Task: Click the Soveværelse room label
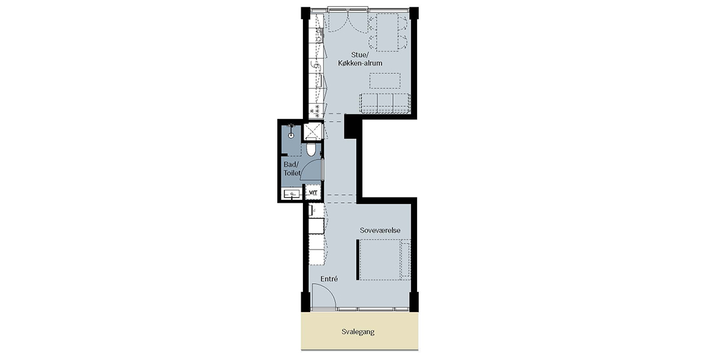click(380, 230)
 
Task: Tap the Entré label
click(329, 279)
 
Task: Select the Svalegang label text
click(358, 332)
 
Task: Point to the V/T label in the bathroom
click(313, 193)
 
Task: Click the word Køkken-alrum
click(360, 64)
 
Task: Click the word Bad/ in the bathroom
click(291, 164)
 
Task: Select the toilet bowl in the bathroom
click(311, 149)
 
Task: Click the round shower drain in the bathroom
click(291, 136)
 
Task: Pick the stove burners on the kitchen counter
click(314, 110)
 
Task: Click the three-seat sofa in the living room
click(385, 103)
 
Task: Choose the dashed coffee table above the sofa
click(385, 81)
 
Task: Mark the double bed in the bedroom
click(385, 260)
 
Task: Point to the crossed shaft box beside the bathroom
click(313, 131)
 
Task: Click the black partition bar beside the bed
click(358, 260)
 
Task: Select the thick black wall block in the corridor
click(350, 127)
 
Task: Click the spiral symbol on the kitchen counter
click(316, 66)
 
